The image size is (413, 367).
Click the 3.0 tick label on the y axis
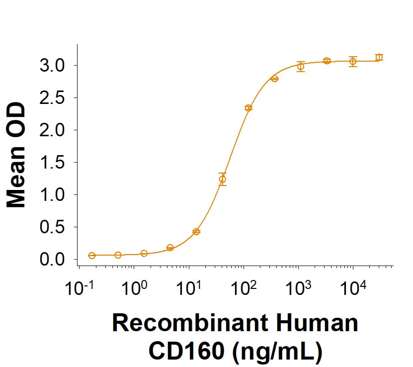pos(52,66)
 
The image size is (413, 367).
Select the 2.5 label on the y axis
pos(52,98)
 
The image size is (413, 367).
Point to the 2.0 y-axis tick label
pos(52,130)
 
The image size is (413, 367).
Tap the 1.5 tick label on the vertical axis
pos(52,163)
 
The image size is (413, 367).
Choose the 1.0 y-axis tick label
pos(52,195)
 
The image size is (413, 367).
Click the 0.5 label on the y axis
pos(52,227)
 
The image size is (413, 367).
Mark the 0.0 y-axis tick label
pos(52,260)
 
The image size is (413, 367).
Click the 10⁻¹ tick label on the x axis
pos(80,288)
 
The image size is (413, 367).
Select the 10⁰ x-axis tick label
pos(134,288)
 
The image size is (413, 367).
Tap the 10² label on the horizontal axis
pos(244,288)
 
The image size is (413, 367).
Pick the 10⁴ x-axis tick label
pos(353,288)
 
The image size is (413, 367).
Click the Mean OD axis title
pos(16,155)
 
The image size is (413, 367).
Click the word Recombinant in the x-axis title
pos(190,323)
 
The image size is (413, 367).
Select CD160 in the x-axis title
pos(186,351)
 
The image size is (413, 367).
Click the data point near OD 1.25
pos(223,179)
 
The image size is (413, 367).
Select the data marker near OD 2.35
pos(248,108)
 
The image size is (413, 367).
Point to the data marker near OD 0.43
pos(196,232)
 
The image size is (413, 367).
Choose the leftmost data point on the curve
pos(91,255)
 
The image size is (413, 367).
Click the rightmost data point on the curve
pos(379,57)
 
